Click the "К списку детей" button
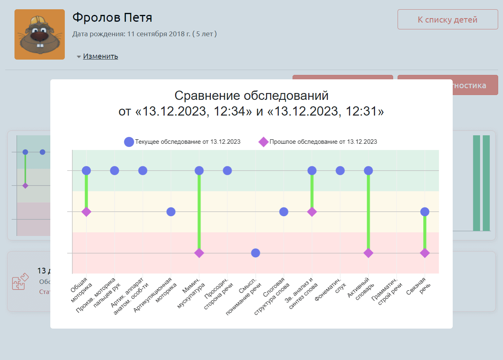click(x=447, y=20)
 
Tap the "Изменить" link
click(x=100, y=56)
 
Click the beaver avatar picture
click(x=39, y=35)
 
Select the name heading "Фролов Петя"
click(x=112, y=18)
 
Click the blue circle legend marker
click(x=129, y=142)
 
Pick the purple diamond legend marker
click(x=263, y=142)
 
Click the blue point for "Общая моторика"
click(x=86, y=171)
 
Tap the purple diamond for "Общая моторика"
click(x=86, y=212)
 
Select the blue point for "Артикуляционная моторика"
click(x=171, y=212)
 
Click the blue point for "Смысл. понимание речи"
click(x=256, y=253)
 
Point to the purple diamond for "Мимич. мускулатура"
click(x=199, y=253)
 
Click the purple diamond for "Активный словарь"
click(x=368, y=253)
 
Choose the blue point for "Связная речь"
click(x=425, y=212)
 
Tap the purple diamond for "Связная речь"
click(x=425, y=253)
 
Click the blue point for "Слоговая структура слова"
click(x=284, y=212)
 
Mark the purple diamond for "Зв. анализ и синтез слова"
click(x=312, y=212)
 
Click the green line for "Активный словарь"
click(x=368, y=213)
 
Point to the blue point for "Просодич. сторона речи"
click(x=227, y=171)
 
